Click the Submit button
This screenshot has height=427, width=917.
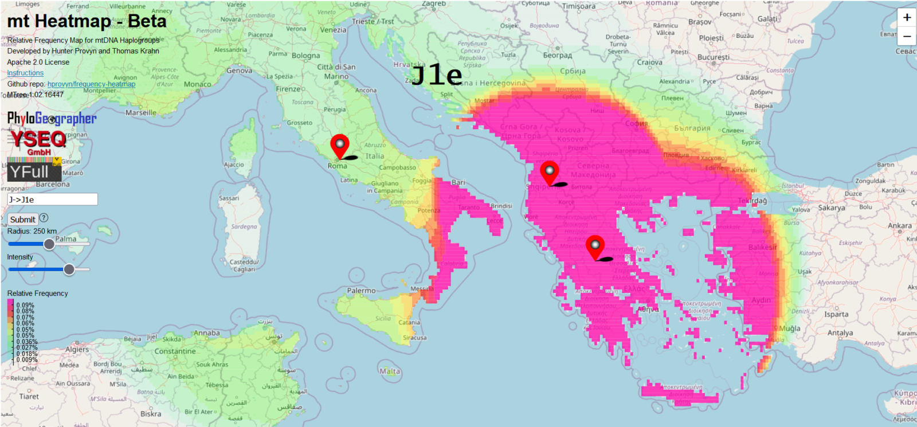click(x=22, y=220)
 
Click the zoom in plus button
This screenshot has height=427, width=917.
click(x=907, y=17)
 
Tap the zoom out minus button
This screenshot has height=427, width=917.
click(x=907, y=36)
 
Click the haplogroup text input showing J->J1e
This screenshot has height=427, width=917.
click(x=52, y=199)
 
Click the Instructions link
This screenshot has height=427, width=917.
click(x=25, y=73)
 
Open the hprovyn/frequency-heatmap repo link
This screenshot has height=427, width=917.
click(x=91, y=84)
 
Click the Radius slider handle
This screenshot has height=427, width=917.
click(x=49, y=244)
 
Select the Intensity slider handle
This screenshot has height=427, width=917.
click(x=69, y=269)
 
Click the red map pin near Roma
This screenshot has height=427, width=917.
click(x=340, y=145)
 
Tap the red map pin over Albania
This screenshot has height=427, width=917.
click(x=550, y=172)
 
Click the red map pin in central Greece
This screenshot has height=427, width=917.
click(x=595, y=247)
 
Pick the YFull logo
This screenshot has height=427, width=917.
click(x=34, y=170)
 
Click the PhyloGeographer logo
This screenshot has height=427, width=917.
click(x=52, y=119)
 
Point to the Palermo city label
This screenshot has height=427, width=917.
click(x=361, y=291)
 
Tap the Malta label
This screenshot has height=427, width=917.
click(x=390, y=371)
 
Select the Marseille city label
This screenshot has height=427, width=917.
click(x=140, y=112)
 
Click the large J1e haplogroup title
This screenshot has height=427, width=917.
click(x=437, y=75)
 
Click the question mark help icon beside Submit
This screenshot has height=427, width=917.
click(x=44, y=218)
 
